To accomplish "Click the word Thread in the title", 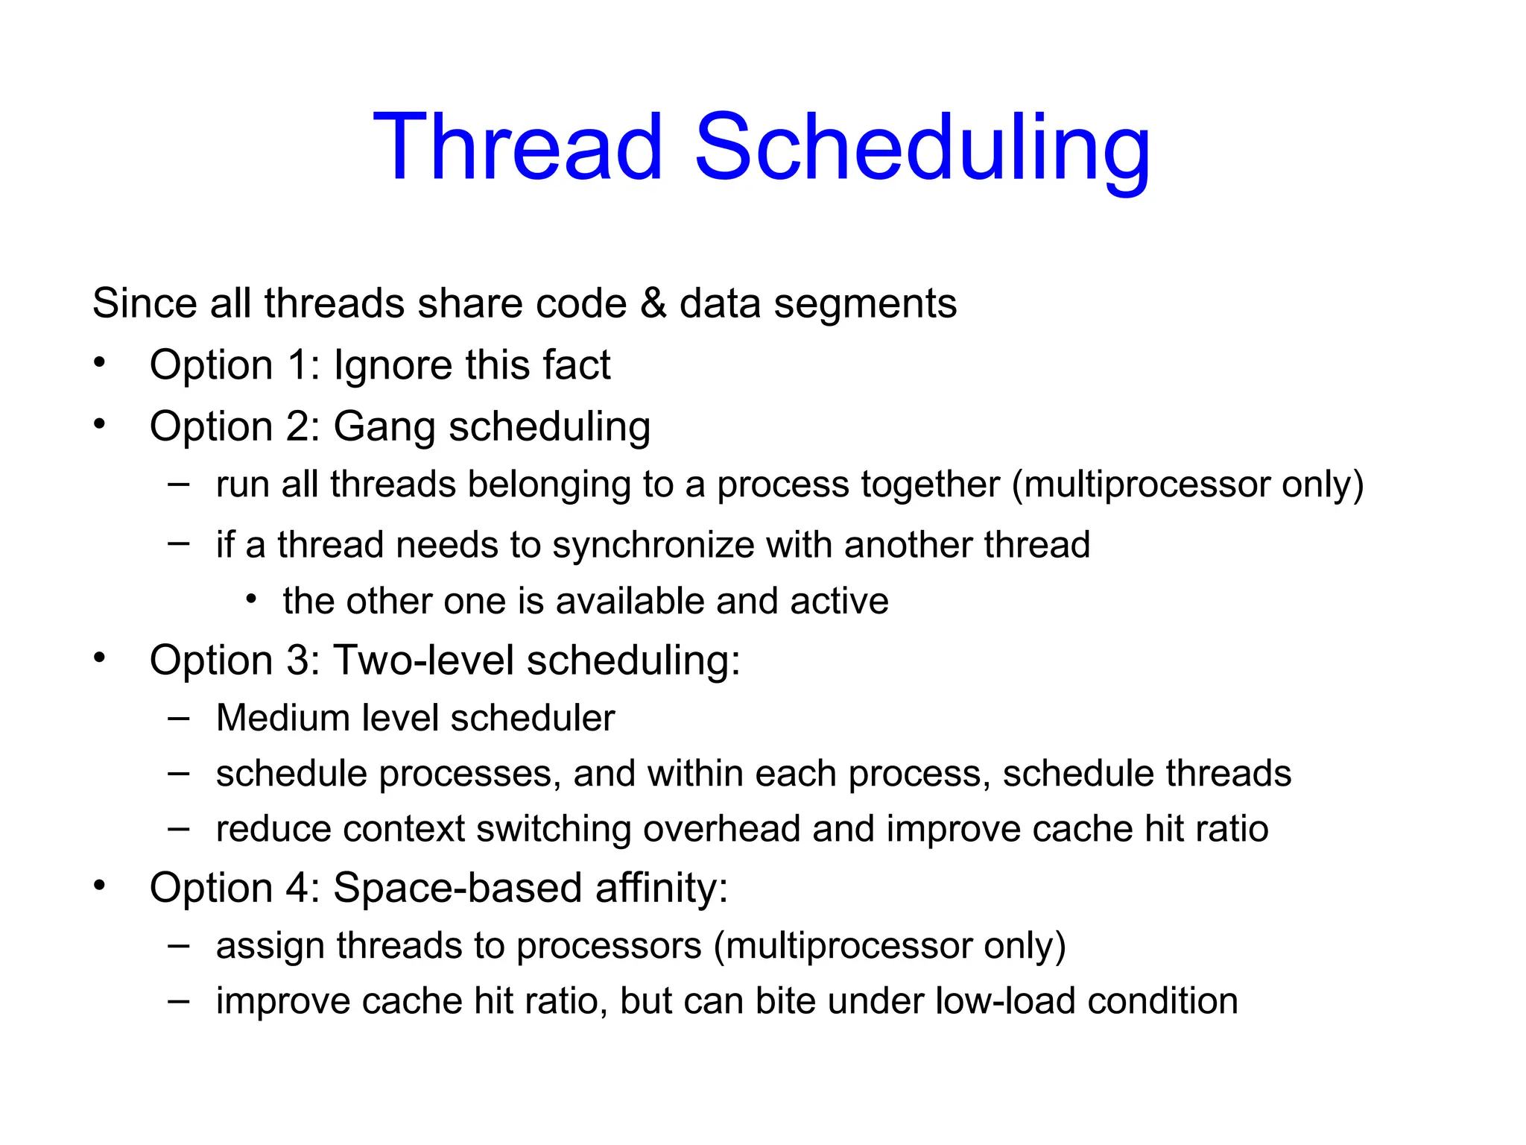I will [x=517, y=146].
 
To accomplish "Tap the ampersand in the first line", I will [x=653, y=304].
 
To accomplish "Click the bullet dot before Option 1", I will [x=100, y=364].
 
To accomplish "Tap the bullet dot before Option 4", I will [x=100, y=886].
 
